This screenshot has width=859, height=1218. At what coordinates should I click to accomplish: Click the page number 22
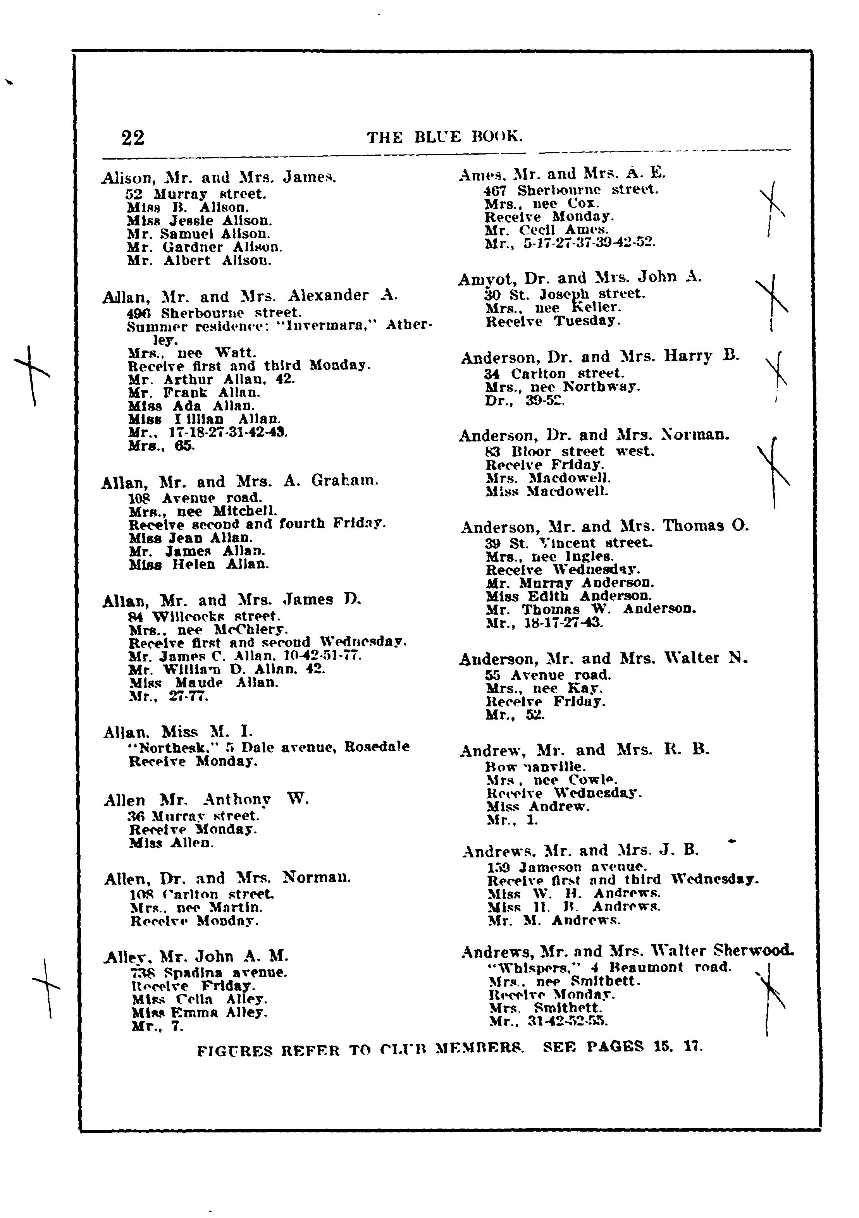(133, 137)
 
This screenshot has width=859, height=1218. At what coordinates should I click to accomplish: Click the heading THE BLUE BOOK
(445, 137)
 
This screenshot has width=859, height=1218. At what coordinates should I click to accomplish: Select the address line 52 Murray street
(196, 194)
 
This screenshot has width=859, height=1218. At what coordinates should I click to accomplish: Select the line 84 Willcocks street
(204, 617)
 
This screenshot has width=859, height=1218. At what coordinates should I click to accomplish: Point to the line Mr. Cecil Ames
(546, 230)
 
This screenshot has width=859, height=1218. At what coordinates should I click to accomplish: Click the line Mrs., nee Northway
(563, 387)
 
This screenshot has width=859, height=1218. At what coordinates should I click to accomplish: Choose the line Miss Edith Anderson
(569, 596)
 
